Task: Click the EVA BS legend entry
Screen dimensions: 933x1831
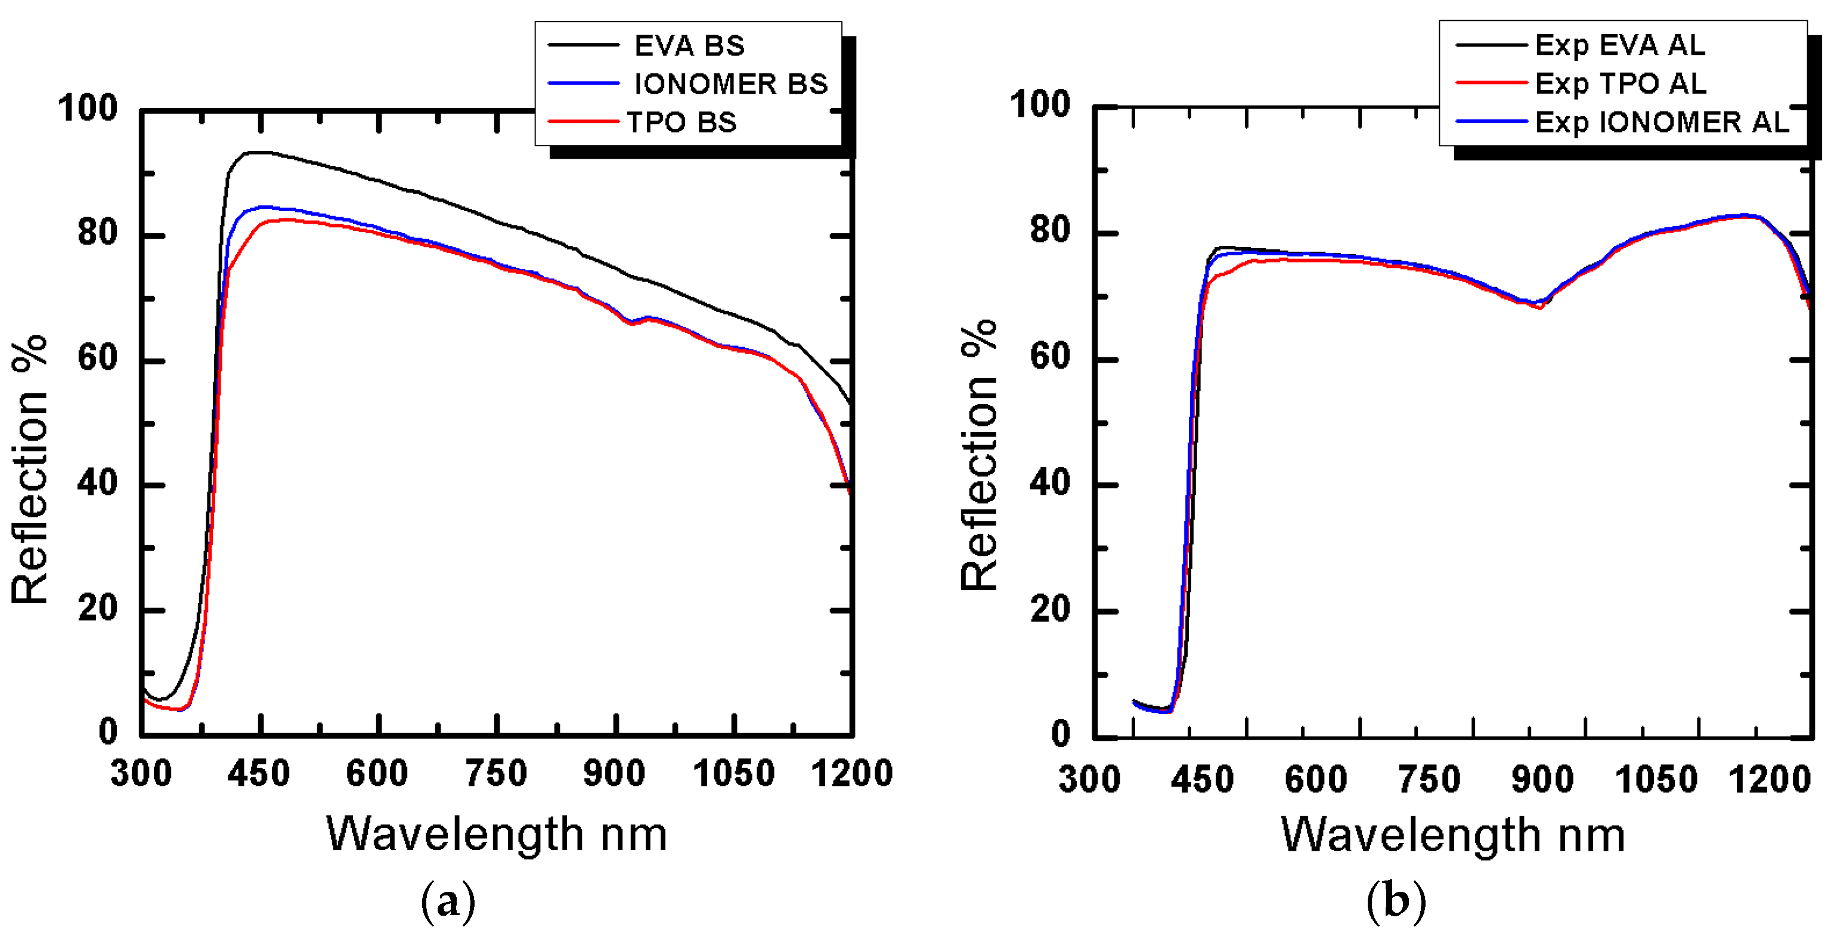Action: [688, 45]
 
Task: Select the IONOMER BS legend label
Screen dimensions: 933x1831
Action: [730, 84]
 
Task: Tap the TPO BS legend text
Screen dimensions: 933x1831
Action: [681, 122]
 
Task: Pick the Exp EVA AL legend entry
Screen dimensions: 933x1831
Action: [1619, 45]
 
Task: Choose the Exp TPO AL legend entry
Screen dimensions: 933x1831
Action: [1620, 83]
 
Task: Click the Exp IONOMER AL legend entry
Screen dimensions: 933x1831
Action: [1661, 122]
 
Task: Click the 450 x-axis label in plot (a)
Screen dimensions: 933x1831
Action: [259, 773]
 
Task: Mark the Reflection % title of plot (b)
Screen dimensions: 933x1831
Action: [979, 455]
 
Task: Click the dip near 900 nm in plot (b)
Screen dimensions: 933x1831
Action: [1539, 307]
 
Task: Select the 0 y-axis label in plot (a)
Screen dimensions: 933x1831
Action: [108, 732]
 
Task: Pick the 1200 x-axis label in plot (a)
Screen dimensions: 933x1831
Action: [851, 773]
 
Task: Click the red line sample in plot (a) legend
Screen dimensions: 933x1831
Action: [583, 122]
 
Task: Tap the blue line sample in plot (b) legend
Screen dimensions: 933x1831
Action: [1491, 122]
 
